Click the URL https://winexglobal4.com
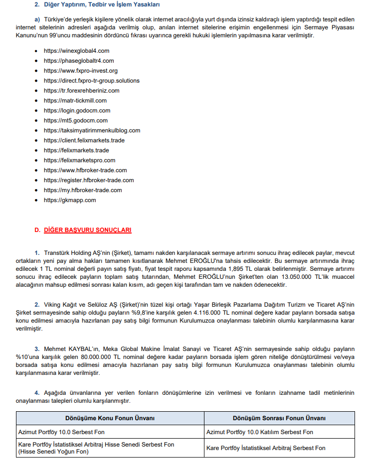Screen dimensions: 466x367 point(76,51)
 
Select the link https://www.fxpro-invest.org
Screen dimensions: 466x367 point(81,71)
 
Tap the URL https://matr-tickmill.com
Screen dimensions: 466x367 point(75,101)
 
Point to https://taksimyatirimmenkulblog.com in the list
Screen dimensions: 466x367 point(92,130)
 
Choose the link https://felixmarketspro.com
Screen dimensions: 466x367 point(79,160)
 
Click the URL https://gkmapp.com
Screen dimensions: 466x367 point(70,200)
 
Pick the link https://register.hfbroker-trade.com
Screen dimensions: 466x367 point(89,180)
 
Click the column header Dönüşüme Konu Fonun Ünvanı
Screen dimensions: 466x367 point(110,418)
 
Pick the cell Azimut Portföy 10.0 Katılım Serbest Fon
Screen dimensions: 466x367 point(260,432)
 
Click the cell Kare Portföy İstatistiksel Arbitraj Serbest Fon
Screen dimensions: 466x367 point(266,448)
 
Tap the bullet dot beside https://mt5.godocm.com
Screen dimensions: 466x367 point(37,120)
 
